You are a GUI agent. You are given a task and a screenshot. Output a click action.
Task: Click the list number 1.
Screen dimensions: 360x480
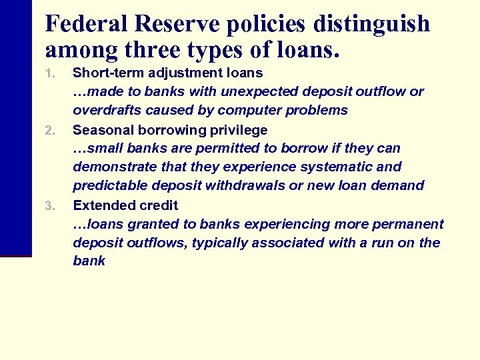tap(49, 73)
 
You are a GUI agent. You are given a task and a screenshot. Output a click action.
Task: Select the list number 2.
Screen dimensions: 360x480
tap(49, 130)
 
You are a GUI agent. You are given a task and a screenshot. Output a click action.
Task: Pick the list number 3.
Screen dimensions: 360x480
tap(49, 205)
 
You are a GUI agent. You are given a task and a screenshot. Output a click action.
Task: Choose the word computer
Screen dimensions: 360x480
tap(257, 110)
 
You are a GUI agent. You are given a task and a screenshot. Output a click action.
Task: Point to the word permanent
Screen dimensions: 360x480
tap(403, 224)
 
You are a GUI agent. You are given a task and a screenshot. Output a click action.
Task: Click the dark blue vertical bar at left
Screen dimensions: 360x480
tap(15, 127)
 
